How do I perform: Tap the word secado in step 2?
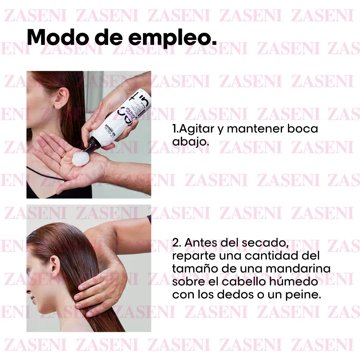click(x=266, y=243)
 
